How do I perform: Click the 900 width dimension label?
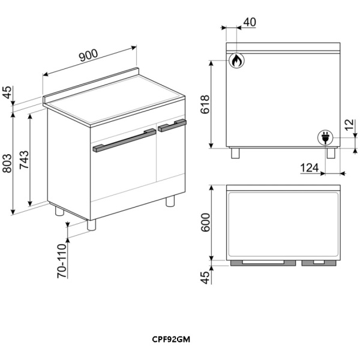[88, 56]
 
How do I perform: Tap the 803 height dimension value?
[7, 163]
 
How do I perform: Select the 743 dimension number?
[24, 160]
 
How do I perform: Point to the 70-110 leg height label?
[62, 261]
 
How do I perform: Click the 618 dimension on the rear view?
[205, 104]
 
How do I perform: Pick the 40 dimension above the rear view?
[250, 22]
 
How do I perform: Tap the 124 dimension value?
[310, 168]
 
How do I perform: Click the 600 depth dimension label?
[205, 222]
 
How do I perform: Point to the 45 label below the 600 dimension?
[205, 278]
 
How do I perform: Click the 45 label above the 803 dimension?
[7, 92]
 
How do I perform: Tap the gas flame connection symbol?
[236, 61]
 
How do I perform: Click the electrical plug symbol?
[325, 138]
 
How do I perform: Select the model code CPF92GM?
[171, 340]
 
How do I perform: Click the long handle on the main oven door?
[124, 140]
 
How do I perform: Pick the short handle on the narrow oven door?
[172, 125]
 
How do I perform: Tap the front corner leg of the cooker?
[91, 225]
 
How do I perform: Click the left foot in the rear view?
[235, 153]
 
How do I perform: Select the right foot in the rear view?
[331, 153]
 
